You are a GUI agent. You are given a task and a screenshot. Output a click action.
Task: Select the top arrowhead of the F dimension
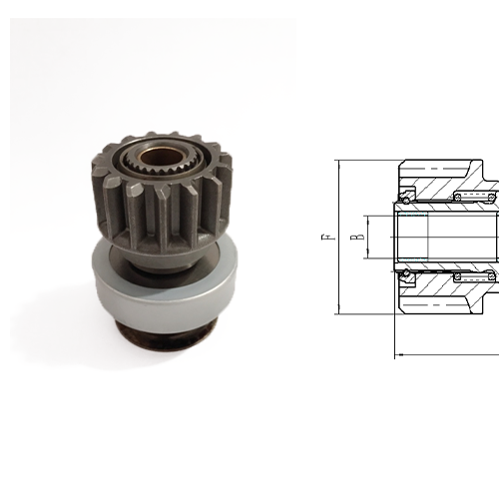pyautogui.click(x=339, y=166)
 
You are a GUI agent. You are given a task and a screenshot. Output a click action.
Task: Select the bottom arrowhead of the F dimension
pyautogui.click(x=339, y=311)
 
